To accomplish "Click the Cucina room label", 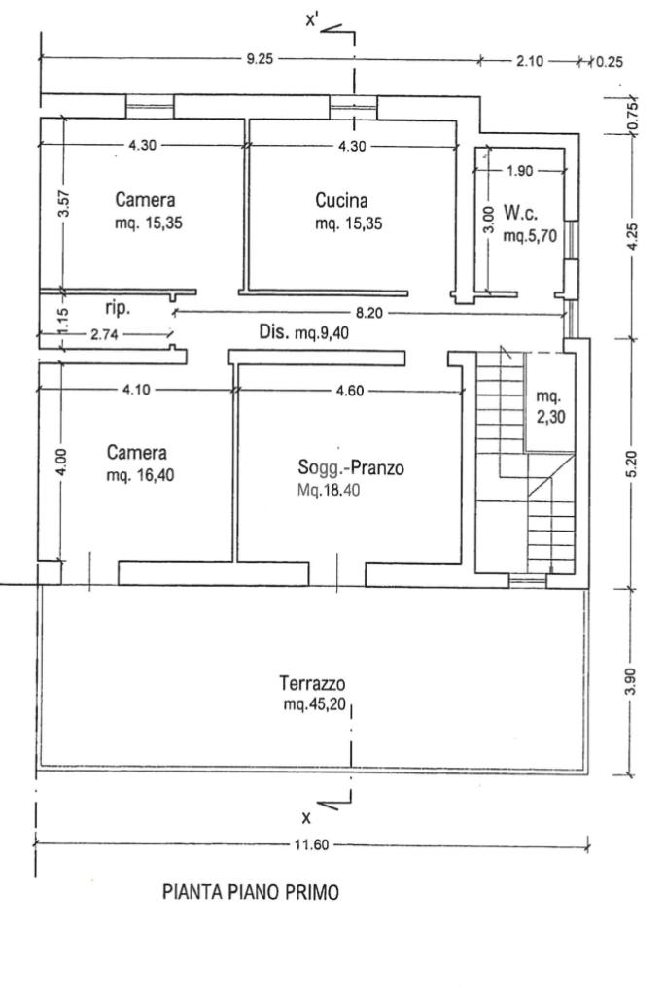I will pos(341,202).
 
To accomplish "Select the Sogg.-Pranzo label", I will pos(351,469).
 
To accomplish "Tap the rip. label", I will pos(117,307).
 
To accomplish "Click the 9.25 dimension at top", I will pos(261,59).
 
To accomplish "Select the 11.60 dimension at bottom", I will pos(312,844).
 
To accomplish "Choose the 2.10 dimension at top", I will pos(530,60).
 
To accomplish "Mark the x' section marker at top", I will pos(313,18).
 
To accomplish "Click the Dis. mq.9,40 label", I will pos(303,333).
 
